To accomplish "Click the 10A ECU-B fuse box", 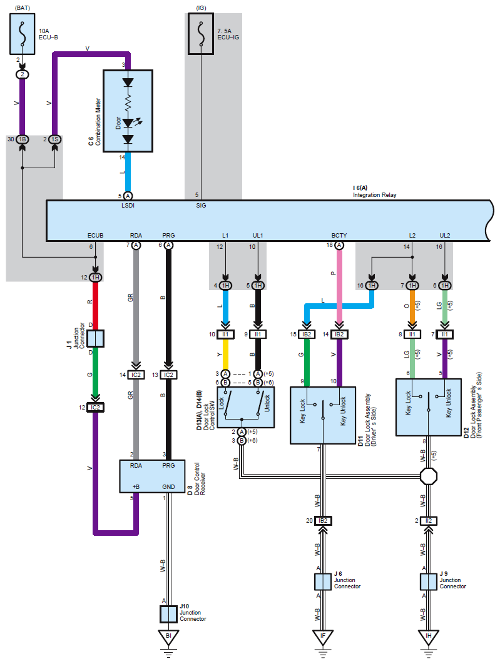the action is pos(23,34).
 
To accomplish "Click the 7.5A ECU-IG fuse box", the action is pos(201,34).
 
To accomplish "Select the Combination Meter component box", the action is pos(128,111).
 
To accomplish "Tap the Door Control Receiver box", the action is pos(152,476).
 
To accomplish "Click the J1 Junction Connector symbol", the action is pos(95,338).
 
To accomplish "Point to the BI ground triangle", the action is pos(168,637).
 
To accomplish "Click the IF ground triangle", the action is pos(323,637).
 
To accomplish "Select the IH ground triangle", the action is pos(429,637).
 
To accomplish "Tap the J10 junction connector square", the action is pos(168,615).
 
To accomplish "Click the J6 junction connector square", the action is pos(323,582).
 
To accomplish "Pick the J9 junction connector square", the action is pos(429,582).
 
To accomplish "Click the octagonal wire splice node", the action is pos(429,476).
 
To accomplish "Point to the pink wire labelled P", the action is pos(339,286).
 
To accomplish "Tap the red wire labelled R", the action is pos(95,306).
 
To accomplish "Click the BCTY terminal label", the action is pos(339,236).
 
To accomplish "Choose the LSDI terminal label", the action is pos(128,205).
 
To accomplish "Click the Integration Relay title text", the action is pos(375,195).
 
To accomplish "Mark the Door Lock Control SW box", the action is pos(246,408).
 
